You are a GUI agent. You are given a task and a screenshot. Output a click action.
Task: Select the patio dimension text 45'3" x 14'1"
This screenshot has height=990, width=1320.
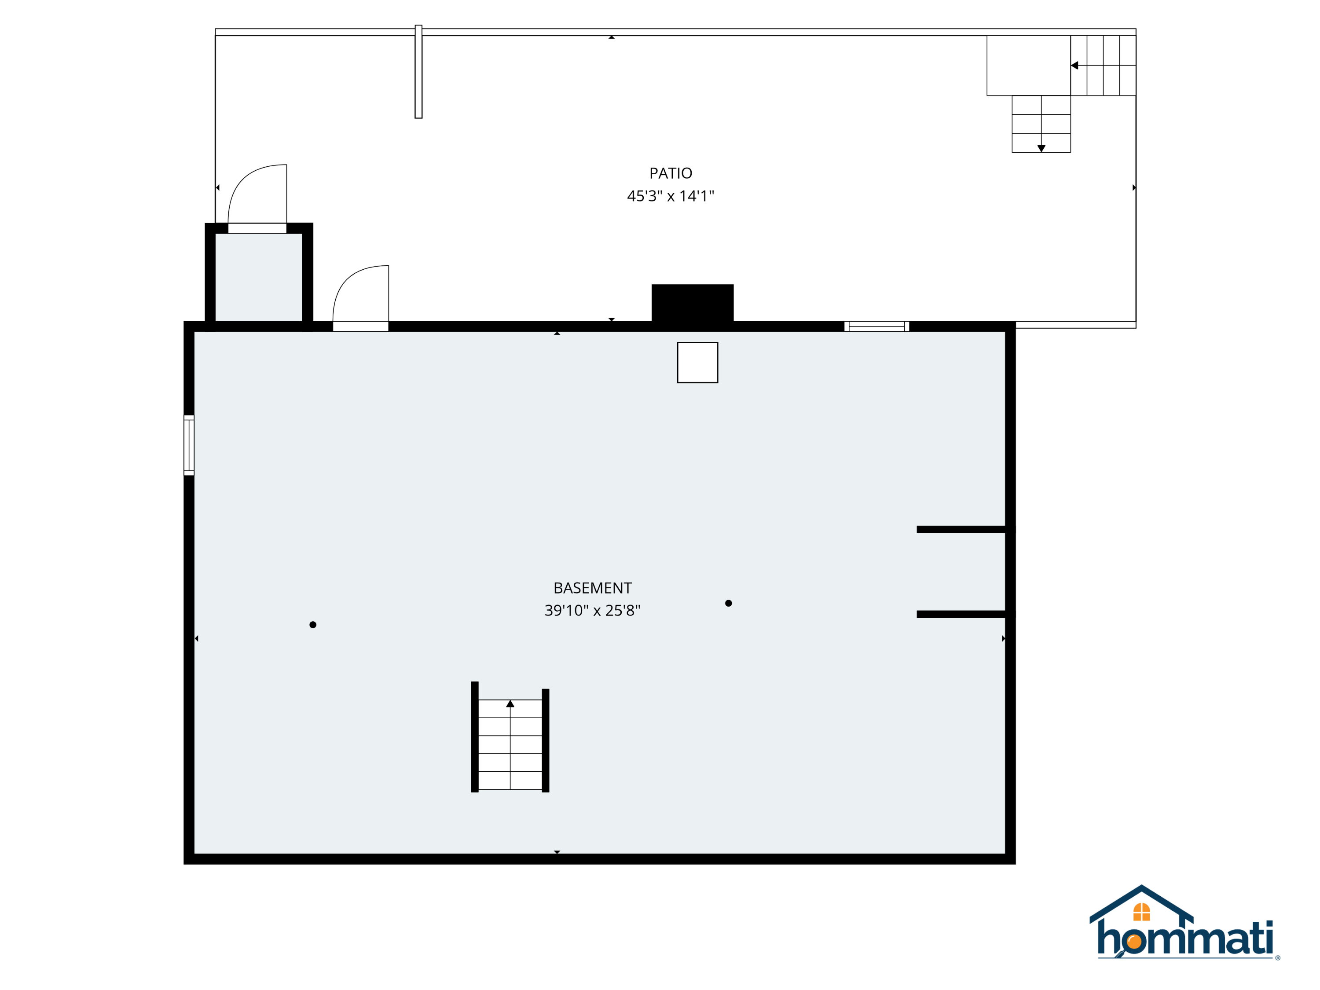(670, 196)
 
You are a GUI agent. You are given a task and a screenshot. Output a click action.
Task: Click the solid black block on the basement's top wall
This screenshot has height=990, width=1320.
(692, 303)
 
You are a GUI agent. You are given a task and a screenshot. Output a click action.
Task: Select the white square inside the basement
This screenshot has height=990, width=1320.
(697, 362)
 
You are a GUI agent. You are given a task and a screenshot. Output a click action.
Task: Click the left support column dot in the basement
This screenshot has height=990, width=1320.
(313, 625)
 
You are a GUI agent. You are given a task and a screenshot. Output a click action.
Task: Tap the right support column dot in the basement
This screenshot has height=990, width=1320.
(728, 603)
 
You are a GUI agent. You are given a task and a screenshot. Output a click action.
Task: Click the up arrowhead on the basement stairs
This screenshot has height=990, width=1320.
(510, 704)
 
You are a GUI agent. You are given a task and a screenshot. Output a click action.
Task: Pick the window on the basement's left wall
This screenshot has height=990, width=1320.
(189, 445)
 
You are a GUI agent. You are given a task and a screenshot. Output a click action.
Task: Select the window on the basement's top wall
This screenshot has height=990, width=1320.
(876, 326)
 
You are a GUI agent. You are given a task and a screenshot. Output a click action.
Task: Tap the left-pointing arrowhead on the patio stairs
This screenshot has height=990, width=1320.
(1074, 66)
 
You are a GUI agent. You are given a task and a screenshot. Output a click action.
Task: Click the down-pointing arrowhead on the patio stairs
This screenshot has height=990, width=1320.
(1041, 148)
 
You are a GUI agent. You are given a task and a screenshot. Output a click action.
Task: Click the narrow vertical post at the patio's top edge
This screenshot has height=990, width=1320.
(418, 72)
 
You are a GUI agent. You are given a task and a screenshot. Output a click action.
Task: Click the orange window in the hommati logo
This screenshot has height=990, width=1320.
(1141, 912)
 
